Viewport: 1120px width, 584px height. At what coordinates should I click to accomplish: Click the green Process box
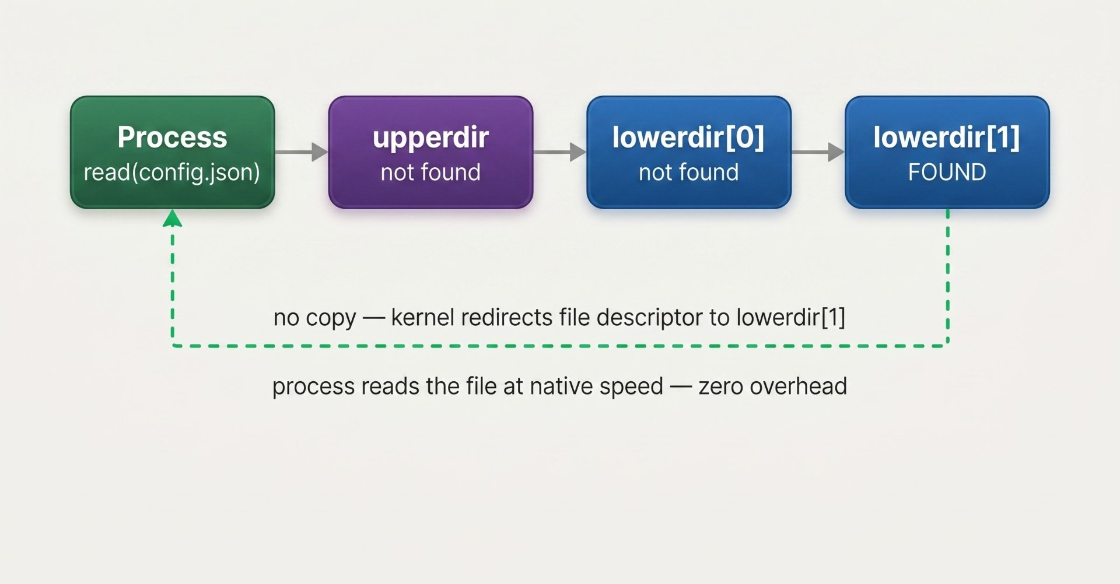pos(173,152)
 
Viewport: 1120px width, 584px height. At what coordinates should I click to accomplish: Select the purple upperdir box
pos(430,152)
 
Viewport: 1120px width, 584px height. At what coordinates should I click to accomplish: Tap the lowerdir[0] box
pos(689,152)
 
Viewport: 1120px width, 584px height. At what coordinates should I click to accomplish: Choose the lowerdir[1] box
pos(947,152)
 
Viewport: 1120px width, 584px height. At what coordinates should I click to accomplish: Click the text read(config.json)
pos(172,173)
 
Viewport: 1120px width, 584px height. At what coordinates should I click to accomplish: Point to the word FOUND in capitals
pos(947,172)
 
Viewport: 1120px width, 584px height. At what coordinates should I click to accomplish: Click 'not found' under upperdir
pos(430,172)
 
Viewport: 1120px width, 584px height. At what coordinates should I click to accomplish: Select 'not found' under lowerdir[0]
pos(689,172)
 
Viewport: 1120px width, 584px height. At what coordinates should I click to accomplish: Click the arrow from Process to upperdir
pos(302,152)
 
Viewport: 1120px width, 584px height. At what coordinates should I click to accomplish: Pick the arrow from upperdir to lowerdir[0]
pos(560,152)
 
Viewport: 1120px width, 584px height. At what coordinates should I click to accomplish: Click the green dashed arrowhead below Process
pos(172,218)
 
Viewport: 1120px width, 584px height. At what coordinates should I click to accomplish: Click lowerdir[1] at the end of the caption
pos(791,318)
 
